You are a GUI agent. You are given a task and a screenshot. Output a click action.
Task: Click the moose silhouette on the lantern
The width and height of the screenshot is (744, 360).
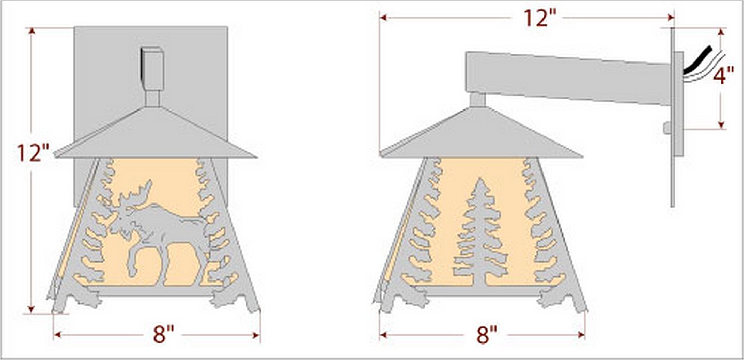(160, 227)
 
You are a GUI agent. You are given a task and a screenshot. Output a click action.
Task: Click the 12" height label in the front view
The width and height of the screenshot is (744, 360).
(32, 153)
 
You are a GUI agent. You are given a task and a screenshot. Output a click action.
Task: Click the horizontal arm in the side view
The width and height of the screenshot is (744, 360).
(568, 77)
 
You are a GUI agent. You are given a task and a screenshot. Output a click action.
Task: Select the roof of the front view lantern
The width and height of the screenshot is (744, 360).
(155, 137)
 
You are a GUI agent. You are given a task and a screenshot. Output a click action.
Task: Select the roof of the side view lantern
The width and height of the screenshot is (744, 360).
(481, 137)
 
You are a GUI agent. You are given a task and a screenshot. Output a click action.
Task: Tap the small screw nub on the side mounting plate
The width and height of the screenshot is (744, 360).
(667, 128)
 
